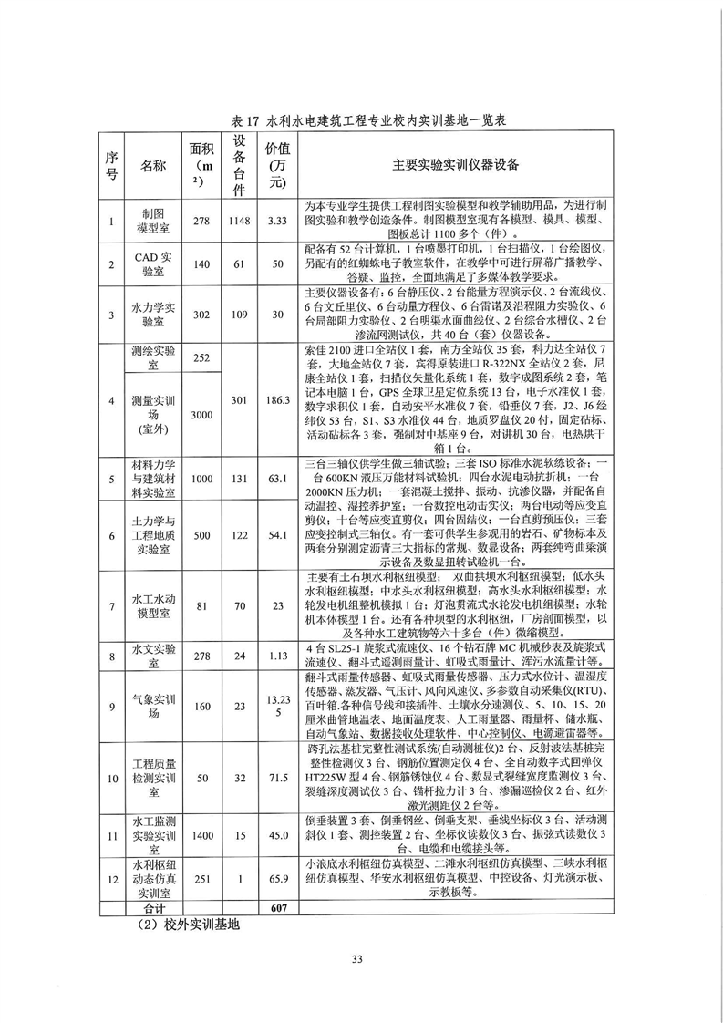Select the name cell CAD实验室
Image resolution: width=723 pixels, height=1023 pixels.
[153, 264]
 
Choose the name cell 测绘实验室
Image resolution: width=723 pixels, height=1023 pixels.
[153, 358]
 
